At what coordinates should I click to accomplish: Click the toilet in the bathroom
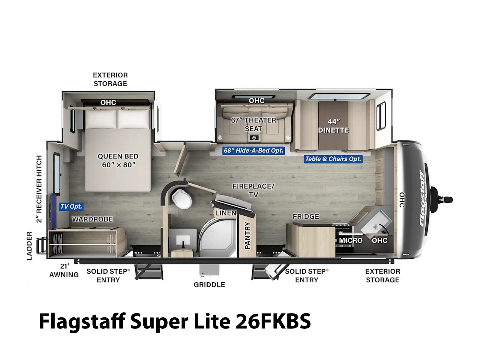pos(181,199)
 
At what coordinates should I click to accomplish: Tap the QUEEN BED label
pos(118,156)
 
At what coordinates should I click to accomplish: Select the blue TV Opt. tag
pos(71,207)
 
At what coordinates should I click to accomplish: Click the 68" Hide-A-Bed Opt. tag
pos(253,151)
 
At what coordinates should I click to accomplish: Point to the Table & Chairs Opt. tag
pos(333,159)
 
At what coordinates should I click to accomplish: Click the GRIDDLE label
pos(209,285)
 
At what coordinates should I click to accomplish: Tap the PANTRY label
pos(247,235)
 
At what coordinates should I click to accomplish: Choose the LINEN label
pos(226,213)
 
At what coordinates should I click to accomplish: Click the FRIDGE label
pos(306,216)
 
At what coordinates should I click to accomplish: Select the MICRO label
pos(351,240)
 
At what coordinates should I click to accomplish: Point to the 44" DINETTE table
pos(333,126)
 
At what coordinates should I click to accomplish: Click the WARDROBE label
pos(92,219)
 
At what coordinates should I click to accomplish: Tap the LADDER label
pos(29,246)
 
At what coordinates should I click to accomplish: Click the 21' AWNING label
pos(64,270)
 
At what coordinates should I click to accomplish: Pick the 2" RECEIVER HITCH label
pos(39,189)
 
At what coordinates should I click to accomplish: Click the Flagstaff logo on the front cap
pos(423,198)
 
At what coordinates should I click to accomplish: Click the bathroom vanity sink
pos(183,240)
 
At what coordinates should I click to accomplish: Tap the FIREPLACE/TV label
pos(253,190)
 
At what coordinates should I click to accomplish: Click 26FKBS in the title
pos(273,321)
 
